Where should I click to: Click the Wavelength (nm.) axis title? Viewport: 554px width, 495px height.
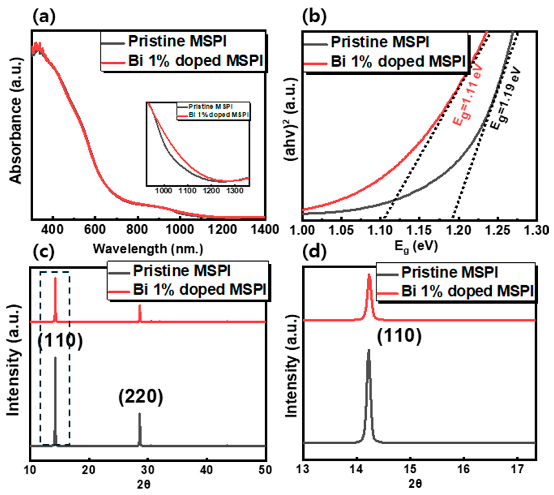coord(148,249)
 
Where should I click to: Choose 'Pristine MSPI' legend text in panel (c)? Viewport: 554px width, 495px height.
coord(182,271)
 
